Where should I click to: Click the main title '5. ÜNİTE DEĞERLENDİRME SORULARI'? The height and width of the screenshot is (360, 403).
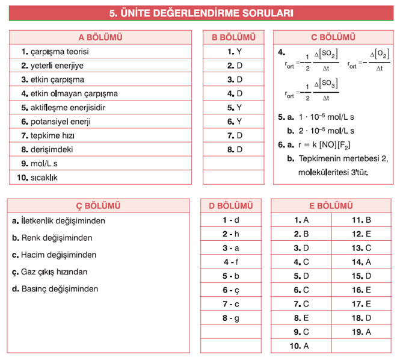pos(201,11)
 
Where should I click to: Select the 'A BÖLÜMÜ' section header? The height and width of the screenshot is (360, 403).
pos(100,37)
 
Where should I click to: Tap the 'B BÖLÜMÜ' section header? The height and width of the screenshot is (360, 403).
pos(235,37)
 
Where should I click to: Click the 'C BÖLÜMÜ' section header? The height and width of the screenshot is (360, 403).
pos(333,37)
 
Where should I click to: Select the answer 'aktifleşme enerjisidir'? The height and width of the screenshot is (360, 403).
pos(67,108)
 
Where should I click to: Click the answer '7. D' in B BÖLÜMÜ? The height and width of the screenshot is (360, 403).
pos(235,135)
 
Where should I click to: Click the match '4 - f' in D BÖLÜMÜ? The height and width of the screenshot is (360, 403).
pos(231,262)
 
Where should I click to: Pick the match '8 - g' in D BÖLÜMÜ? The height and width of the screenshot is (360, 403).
pos(231,318)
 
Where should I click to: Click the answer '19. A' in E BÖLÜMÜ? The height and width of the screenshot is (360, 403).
pos(361,332)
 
